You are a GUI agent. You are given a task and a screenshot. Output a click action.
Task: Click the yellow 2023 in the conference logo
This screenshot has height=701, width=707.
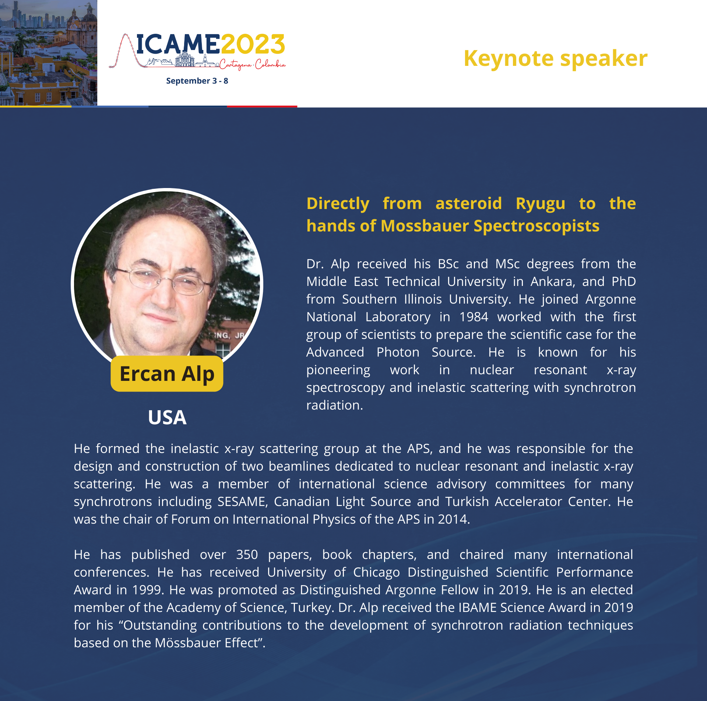coord(253,44)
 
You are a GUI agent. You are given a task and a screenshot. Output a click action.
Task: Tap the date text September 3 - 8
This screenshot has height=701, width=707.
coord(197,81)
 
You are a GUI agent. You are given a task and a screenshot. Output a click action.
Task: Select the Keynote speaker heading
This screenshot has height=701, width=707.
coord(555,59)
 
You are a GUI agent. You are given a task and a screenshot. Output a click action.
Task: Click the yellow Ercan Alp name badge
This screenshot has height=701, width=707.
coord(167,373)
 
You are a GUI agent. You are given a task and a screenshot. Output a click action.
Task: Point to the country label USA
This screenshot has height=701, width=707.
coord(167,417)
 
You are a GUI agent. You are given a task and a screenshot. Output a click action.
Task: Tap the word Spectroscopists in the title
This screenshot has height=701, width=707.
coord(537,226)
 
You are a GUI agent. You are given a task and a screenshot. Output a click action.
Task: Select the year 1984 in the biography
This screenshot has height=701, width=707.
coord(474,317)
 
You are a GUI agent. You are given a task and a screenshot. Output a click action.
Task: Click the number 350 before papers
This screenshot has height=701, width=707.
coord(247,555)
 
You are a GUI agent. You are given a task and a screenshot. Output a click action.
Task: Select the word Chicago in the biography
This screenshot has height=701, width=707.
coord(376,573)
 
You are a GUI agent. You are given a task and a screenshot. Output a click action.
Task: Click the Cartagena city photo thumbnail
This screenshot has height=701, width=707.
coord(49,53)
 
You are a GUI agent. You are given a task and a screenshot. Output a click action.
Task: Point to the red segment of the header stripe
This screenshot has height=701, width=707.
coord(262,106)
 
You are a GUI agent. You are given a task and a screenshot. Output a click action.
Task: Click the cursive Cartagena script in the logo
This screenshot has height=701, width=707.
coord(236,65)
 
